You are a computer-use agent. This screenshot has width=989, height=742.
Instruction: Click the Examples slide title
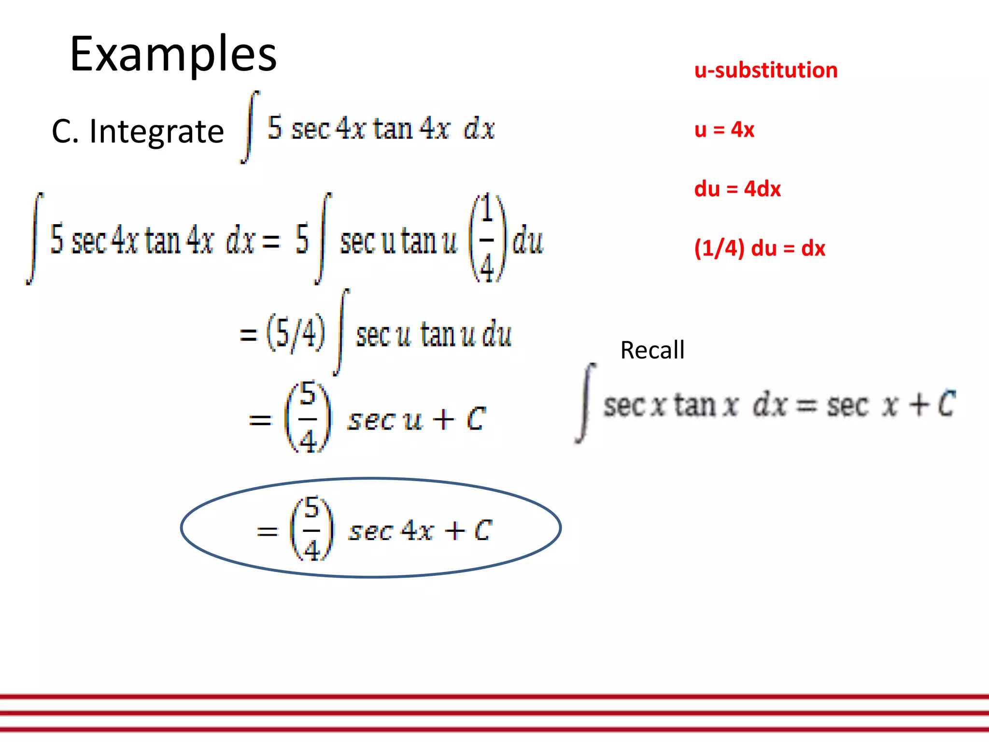(x=173, y=54)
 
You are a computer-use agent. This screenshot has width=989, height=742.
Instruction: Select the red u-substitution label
(x=765, y=71)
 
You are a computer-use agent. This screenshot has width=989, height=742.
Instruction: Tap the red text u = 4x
(x=724, y=129)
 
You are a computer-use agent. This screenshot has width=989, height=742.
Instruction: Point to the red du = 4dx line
(x=737, y=189)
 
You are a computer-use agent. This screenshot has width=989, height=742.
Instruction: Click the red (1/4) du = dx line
(x=759, y=248)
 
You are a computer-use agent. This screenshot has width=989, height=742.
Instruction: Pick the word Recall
(x=652, y=350)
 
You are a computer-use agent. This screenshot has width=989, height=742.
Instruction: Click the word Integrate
(x=156, y=131)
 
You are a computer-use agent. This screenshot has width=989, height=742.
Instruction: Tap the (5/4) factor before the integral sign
(x=296, y=333)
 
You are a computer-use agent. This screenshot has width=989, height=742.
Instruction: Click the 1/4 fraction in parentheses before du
(x=487, y=238)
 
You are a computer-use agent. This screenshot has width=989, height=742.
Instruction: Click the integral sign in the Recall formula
(x=586, y=403)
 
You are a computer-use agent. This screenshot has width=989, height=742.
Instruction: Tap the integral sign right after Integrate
(x=250, y=127)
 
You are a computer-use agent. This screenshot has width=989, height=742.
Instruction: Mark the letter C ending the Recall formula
(x=947, y=404)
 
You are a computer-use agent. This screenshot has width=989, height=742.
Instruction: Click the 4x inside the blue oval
(x=417, y=530)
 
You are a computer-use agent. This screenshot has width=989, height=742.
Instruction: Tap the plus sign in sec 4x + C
(x=455, y=531)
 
